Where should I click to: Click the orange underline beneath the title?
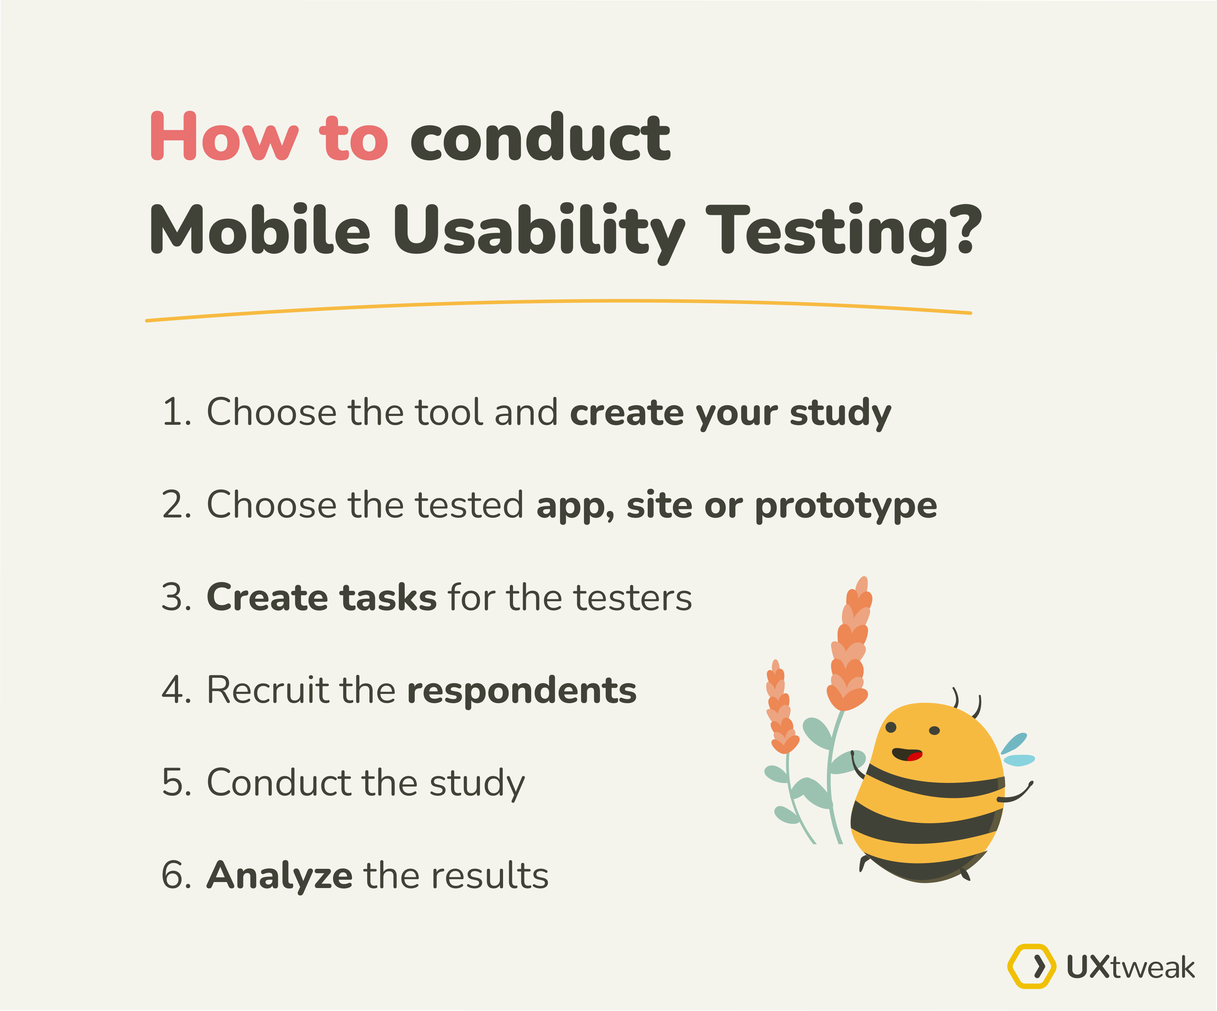tap(558, 310)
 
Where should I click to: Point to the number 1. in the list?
tap(177, 412)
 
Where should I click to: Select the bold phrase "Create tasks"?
tap(322, 597)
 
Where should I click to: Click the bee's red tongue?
tap(915, 756)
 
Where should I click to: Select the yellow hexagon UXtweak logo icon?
tap(1031, 966)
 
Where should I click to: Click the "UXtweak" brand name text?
tap(1130, 967)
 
